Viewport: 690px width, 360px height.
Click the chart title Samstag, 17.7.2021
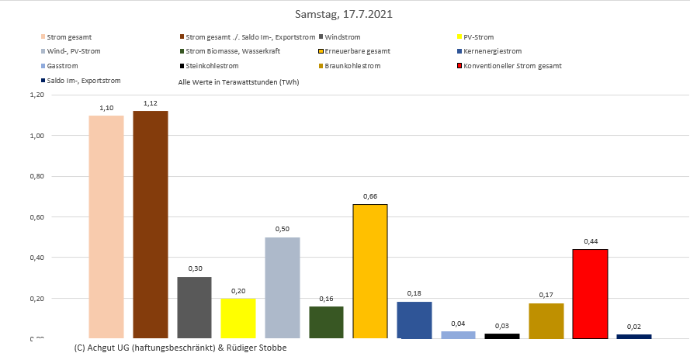coord(344,15)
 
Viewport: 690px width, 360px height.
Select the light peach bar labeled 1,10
coord(106,227)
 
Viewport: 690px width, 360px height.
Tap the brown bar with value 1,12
coord(151,224)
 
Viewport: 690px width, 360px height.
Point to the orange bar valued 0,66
coord(370,271)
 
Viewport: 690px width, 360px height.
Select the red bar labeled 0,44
coord(590,293)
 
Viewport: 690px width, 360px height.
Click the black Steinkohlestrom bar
coord(502,335)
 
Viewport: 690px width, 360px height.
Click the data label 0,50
coord(282,229)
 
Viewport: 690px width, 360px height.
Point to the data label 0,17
coord(546,295)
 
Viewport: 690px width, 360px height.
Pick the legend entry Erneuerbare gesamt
coord(357,51)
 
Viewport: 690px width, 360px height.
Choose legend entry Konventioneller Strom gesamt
coord(511,66)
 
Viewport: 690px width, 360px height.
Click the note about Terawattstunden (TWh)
coord(238,81)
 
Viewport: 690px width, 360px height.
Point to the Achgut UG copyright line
coord(180,348)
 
